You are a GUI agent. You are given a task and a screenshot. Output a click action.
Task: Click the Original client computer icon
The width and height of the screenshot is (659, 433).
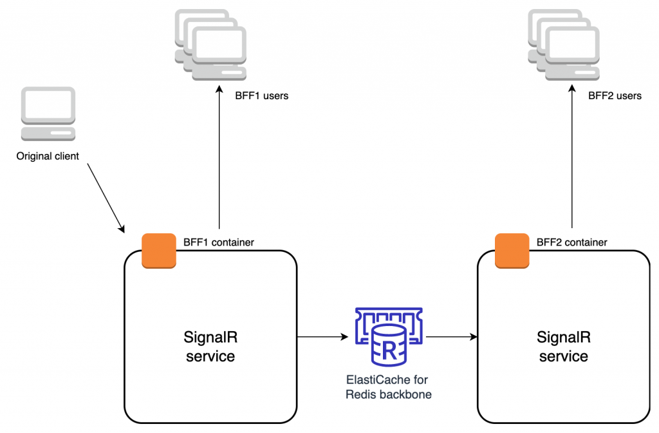[x=48, y=113]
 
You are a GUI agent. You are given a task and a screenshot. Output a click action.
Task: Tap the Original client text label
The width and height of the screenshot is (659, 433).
[x=48, y=156]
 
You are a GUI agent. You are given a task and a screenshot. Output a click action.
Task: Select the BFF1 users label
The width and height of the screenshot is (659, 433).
[x=261, y=96]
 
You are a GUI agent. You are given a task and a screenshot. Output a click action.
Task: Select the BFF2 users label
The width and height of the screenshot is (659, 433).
[x=615, y=96]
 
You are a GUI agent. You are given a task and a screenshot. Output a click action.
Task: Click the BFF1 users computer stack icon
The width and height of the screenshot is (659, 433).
[x=210, y=45]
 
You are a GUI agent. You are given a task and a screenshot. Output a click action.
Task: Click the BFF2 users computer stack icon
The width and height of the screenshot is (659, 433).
[x=563, y=45]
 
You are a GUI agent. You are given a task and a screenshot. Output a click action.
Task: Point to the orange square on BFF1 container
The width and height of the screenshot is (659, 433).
[x=159, y=250]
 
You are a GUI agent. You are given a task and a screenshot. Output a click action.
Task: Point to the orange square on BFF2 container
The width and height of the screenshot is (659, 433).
[x=512, y=250]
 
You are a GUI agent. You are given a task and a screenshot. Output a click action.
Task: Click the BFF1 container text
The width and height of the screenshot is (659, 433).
[x=219, y=243]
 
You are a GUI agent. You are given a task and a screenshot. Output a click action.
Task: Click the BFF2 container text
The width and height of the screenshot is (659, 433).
[x=571, y=243]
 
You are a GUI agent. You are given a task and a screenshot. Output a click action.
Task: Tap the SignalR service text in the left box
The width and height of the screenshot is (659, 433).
[x=210, y=346]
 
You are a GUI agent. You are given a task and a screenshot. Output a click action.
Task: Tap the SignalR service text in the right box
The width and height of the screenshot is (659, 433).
[x=564, y=346]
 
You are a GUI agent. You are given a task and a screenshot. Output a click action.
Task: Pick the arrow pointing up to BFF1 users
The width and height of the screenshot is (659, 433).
[x=219, y=161]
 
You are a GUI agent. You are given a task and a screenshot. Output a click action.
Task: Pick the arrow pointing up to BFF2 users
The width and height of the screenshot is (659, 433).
[x=572, y=161]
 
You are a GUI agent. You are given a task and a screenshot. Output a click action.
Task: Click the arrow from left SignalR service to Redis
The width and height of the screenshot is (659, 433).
[x=322, y=336]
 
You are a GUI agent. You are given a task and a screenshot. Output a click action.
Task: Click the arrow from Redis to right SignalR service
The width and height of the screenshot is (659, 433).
[x=450, y=336]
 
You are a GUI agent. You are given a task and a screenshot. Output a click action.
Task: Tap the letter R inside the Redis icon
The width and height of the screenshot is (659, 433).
[x=389, y=351]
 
